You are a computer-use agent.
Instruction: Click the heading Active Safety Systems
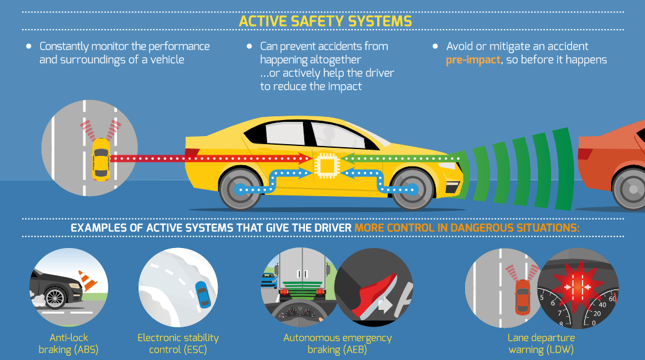(325, 21)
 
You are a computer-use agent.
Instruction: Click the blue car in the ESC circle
(201, 293)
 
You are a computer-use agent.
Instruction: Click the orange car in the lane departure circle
(523, 296)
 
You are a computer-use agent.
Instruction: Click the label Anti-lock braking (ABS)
(69, 344)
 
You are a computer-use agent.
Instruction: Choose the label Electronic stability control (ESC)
(178, 344)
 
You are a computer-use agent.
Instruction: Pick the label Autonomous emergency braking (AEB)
(337, 344)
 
